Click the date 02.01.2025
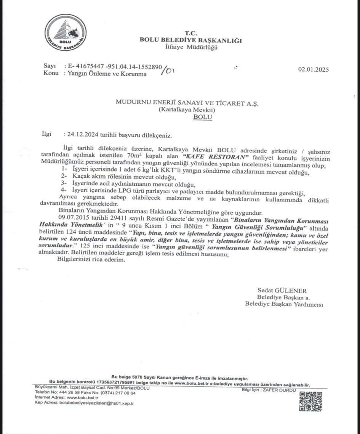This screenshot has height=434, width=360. (313, 69)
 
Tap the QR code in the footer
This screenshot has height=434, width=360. (310, 401)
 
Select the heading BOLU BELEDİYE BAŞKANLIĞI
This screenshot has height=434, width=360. (191, 40)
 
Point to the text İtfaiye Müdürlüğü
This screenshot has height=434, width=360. (191, 47)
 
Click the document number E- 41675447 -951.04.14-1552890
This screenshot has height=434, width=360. (115, 66)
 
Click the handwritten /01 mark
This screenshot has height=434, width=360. (168, 70)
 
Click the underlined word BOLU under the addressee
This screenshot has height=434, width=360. (203, 117)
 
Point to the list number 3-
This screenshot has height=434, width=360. (64, 184)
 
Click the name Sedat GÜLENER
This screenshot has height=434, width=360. (282, 291)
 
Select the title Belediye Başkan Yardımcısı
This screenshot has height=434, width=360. (284, 304)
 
